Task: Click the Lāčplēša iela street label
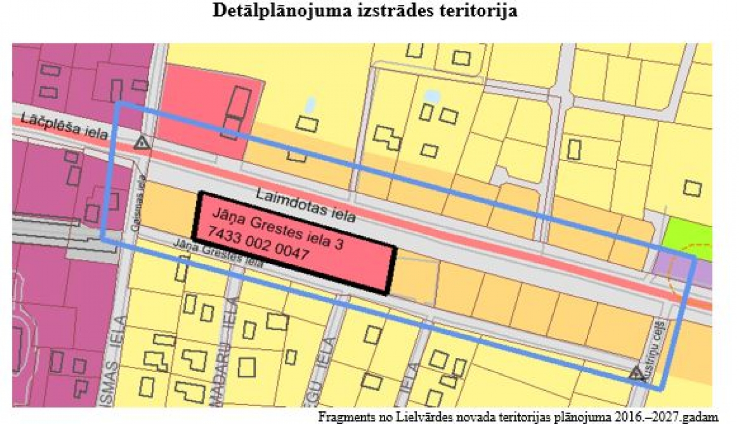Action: [x=64, y=126]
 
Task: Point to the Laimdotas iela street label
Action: [x=305, y=206]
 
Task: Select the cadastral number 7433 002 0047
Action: [x=258, y=245]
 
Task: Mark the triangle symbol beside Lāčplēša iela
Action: [x=141, y=143]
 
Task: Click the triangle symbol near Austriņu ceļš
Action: [x=637, y=374]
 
